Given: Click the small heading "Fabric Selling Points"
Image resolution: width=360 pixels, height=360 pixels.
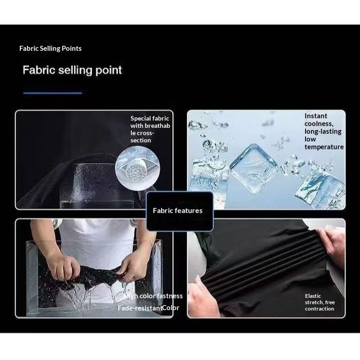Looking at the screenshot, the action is pos(50,49).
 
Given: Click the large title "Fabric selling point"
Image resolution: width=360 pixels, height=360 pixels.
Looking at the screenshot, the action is pos(72,70).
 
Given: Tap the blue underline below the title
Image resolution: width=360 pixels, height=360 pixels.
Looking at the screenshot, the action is pos(53,93).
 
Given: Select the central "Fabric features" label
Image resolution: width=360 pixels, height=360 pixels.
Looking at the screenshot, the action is pos(178,211).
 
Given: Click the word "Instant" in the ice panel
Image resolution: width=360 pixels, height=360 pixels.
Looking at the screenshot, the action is pos(316,116).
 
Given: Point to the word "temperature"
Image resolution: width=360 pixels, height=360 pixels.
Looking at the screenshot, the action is pos(324,147).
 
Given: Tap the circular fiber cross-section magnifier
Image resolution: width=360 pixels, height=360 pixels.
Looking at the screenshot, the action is pos(138,168).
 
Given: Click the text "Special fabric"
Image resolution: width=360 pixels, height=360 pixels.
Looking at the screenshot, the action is pos(150,118).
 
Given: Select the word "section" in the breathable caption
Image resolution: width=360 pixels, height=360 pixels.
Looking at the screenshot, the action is pos(141,140).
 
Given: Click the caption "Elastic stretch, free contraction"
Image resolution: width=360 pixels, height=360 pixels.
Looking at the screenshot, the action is pos(320,302).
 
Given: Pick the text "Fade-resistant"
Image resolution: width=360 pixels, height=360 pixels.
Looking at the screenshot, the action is pos(140,308).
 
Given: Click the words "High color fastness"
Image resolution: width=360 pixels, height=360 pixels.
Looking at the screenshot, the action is pos(153,296).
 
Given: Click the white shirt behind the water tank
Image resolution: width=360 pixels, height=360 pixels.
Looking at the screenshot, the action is pos(96,232).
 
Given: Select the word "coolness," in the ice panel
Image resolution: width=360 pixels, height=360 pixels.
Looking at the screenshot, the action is pos(319,124).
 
